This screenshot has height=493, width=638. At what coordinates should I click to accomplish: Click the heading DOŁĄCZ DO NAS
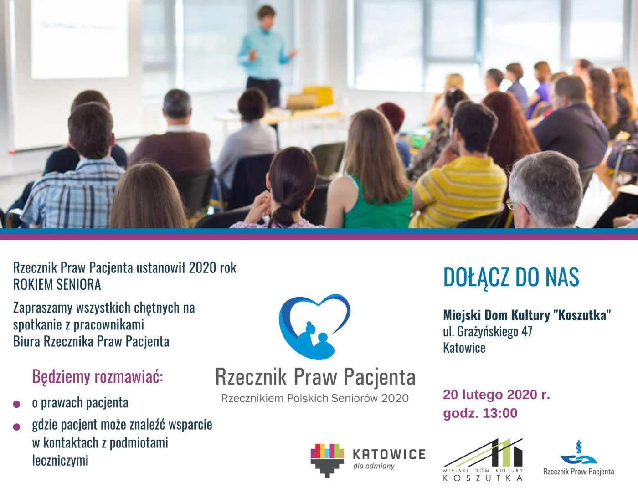click(x=511, y=277)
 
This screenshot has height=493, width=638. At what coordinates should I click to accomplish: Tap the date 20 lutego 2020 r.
click(x=496, y=395)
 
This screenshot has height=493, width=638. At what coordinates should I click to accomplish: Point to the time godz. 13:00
click(x=480, y=413)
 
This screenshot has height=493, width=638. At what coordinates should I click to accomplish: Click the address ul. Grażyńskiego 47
click(x=488, y=331)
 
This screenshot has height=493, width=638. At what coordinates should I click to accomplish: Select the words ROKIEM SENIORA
click(x=57, y=285)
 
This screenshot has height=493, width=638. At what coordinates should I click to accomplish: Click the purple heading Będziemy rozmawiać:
click(x=98, y=377)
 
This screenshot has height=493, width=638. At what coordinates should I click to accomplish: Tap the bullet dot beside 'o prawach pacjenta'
click(x=17, y=404)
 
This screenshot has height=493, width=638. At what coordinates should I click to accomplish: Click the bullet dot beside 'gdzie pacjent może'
click(x=17, y=427)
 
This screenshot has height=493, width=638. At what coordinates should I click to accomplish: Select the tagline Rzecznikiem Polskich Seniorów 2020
click(x=315, y=398)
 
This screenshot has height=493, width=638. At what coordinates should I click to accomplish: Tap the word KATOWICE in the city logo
click(x=389, y=454)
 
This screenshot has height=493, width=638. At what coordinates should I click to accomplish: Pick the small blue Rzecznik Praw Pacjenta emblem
click(x=578, y=453)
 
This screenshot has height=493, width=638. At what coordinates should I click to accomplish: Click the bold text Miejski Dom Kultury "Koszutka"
click(x=527, y=315)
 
